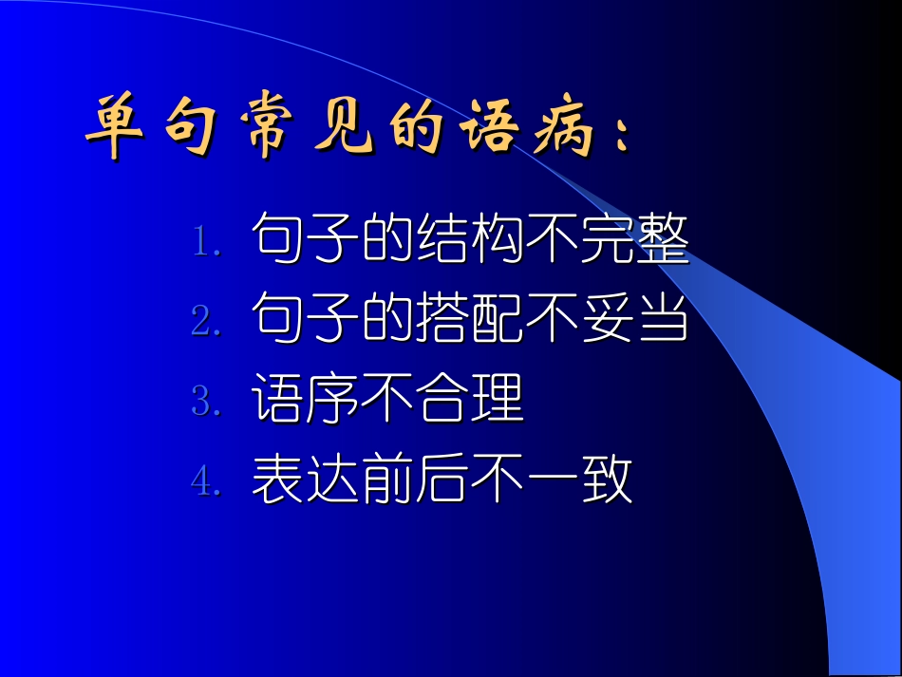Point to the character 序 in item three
point(333,400)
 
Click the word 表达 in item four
point(306,480)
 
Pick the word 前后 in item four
point(415,480)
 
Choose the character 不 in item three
point(387,400)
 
